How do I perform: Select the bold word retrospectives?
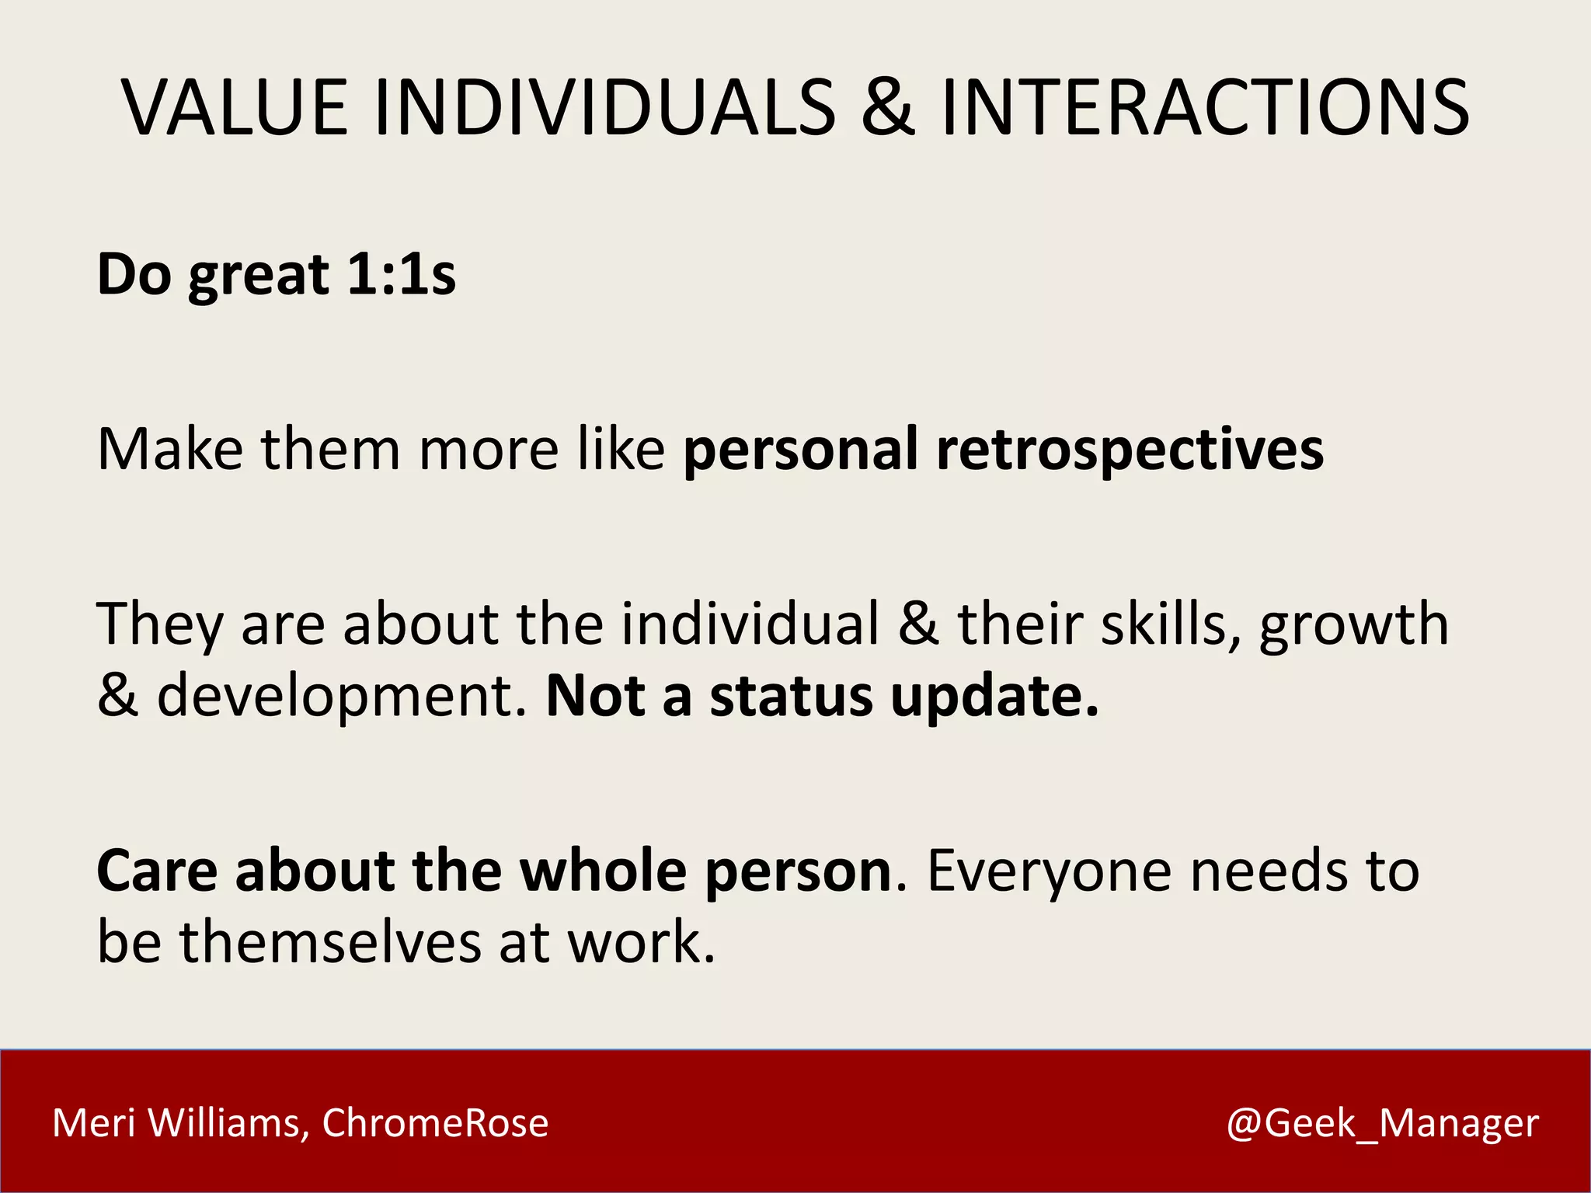click(x=1130, y=450)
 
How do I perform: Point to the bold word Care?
click(x=157, y=870)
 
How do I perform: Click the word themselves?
click(x=331, y=941)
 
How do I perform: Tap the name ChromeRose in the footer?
click(x=435, y=1123)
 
